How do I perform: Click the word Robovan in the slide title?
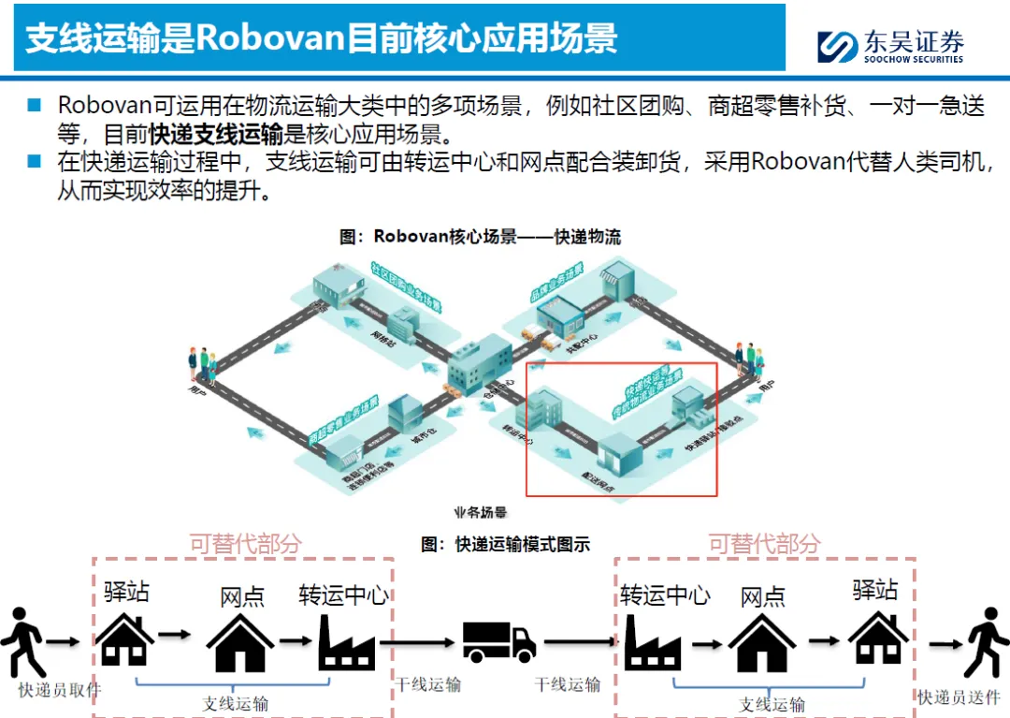pyautogui.click(x=270, y=38)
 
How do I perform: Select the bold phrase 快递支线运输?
pyautogui.click(x=216, y=133)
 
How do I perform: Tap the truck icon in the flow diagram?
pyautogui.click(x=499, y=642)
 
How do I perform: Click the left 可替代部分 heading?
pyautogui.click(x=246, y=544)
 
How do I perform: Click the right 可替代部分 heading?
pyautogui.click(x=764, y=544)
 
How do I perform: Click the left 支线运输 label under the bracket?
pyautogui.click(x=236, y=703)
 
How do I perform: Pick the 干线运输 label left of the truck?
pyautogui.click(x=427, y=684)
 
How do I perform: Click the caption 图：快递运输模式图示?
pyautogui.click(x=505, y=544)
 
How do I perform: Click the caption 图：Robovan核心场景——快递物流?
pyautogui.click(x=480, y=237)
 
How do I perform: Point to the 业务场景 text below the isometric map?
pyautogui.click(x=480, y=513)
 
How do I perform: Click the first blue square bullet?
pyautogui.click(x=35, y=105)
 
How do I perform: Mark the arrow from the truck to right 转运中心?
pyautogui.click(x=580, y=642)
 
